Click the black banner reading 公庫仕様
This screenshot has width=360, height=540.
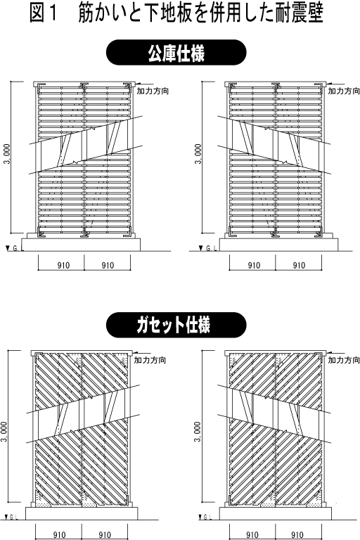pyautogui.click(x=176, y=52)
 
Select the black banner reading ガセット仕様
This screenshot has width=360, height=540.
pyautogui.click(x=176, y=325)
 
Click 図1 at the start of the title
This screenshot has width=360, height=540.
pyautogui.click(x=44, y=13)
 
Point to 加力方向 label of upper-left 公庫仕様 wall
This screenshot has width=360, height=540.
pyautogui.click(x=153, y=91)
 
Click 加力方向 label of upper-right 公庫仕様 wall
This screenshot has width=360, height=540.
pyautogui.click(x=344, y=91)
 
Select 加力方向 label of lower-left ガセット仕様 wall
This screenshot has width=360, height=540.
pyautogui.click(x=150, y=360)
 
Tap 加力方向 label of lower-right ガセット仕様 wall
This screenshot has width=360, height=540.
pyautogui.click(x=344, y=360)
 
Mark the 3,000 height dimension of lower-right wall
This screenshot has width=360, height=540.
pyautogui.click(x=197, y=432)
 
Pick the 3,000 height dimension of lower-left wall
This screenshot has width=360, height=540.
pyautogui.click(x=4, y=432)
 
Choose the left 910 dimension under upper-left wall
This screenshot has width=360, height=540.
pyautogui.click(x=63, y=265)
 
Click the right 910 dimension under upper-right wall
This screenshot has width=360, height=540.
pyautogui.click(x=299, y=265)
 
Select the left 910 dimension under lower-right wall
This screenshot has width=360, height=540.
pyautogui.click(x=252, y=535)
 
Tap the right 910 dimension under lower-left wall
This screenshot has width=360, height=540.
pyautogui.click(x=105, y=535)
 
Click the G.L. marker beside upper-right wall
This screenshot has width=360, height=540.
pyautogui.click(x=208, y=248)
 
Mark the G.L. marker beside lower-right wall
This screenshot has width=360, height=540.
pyautogui.click(x=205, y=517)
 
